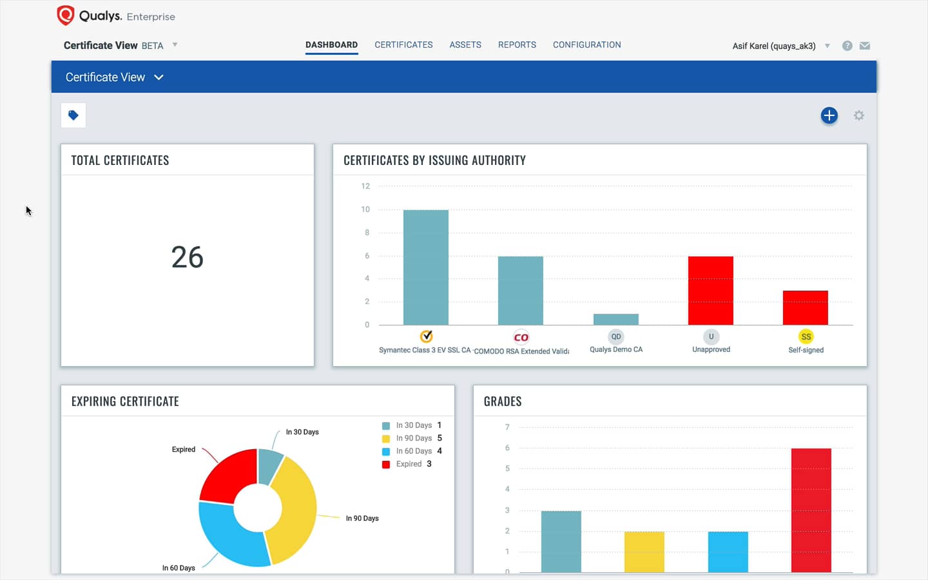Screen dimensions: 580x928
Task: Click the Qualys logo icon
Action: (65, 15)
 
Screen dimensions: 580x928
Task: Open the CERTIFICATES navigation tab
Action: (403, 44)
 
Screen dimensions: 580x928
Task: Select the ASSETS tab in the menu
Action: (465, 44)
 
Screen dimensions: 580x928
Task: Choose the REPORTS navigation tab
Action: (517, 44)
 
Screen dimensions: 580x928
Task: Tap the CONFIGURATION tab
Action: (586, 44)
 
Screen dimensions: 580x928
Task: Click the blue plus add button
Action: (829, 115)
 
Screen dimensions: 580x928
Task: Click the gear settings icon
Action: (858, 115)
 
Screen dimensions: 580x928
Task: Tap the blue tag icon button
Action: (73, 115)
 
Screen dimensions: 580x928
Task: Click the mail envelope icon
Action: (865, 46)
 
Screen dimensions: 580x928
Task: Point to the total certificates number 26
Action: (188, 257)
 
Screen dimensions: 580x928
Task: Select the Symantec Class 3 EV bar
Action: (425, 267)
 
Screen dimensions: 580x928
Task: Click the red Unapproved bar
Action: (710, 291)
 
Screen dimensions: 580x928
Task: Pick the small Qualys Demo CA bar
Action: (615, 319)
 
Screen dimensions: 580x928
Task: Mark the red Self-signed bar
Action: (805, 307)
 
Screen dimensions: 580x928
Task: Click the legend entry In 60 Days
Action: (414, 451)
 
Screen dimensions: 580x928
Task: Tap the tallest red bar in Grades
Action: (811, 509)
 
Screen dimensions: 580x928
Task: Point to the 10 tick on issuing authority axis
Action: (365, 209)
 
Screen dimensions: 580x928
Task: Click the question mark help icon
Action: (847, 46)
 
